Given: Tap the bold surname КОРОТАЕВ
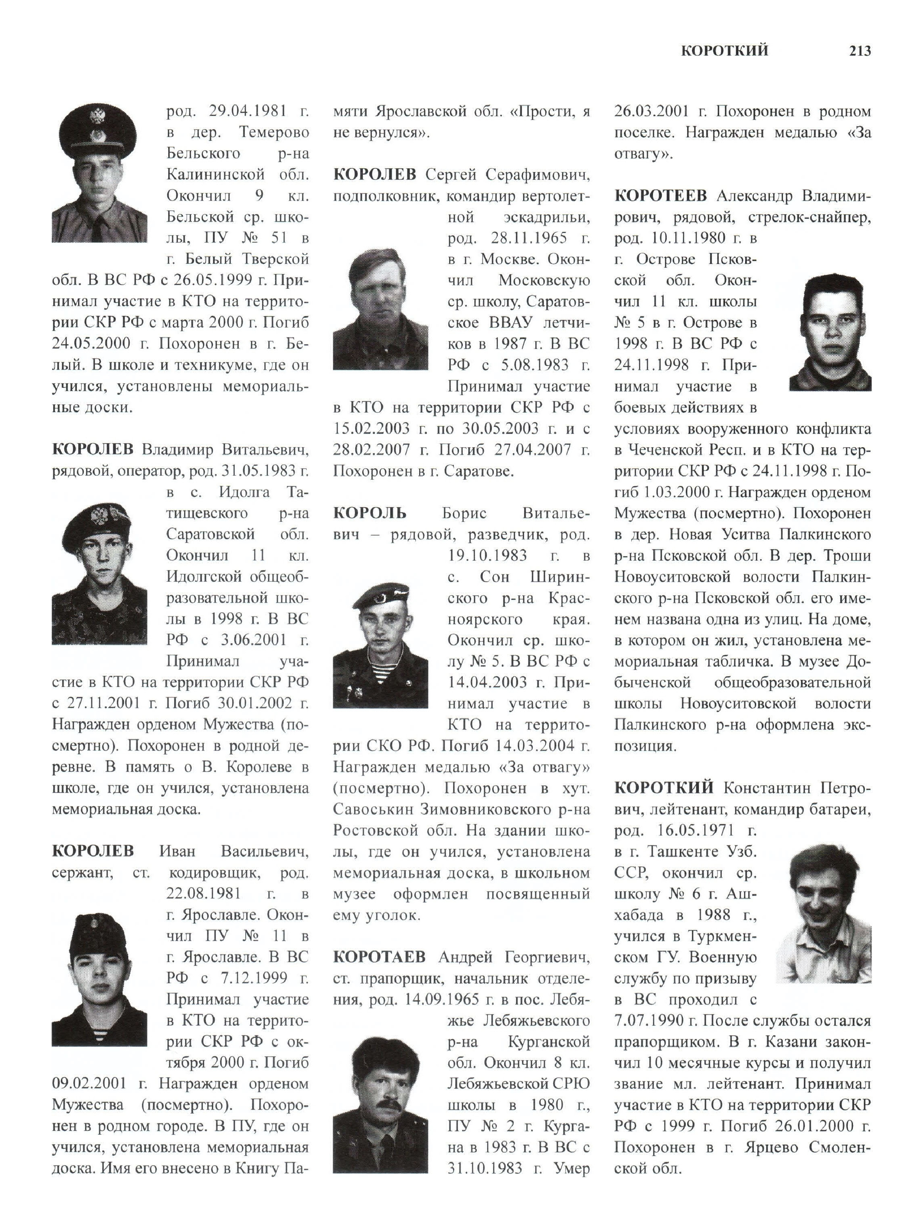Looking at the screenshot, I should [379, 957].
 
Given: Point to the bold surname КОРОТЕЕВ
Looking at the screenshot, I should [660, 196].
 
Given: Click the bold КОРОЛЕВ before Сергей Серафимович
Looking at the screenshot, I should [374, 175].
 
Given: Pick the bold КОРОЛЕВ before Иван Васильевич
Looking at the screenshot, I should [93, 851].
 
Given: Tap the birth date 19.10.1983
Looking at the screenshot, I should [488, 556].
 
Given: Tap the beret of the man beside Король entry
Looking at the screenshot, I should [380, 596].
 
